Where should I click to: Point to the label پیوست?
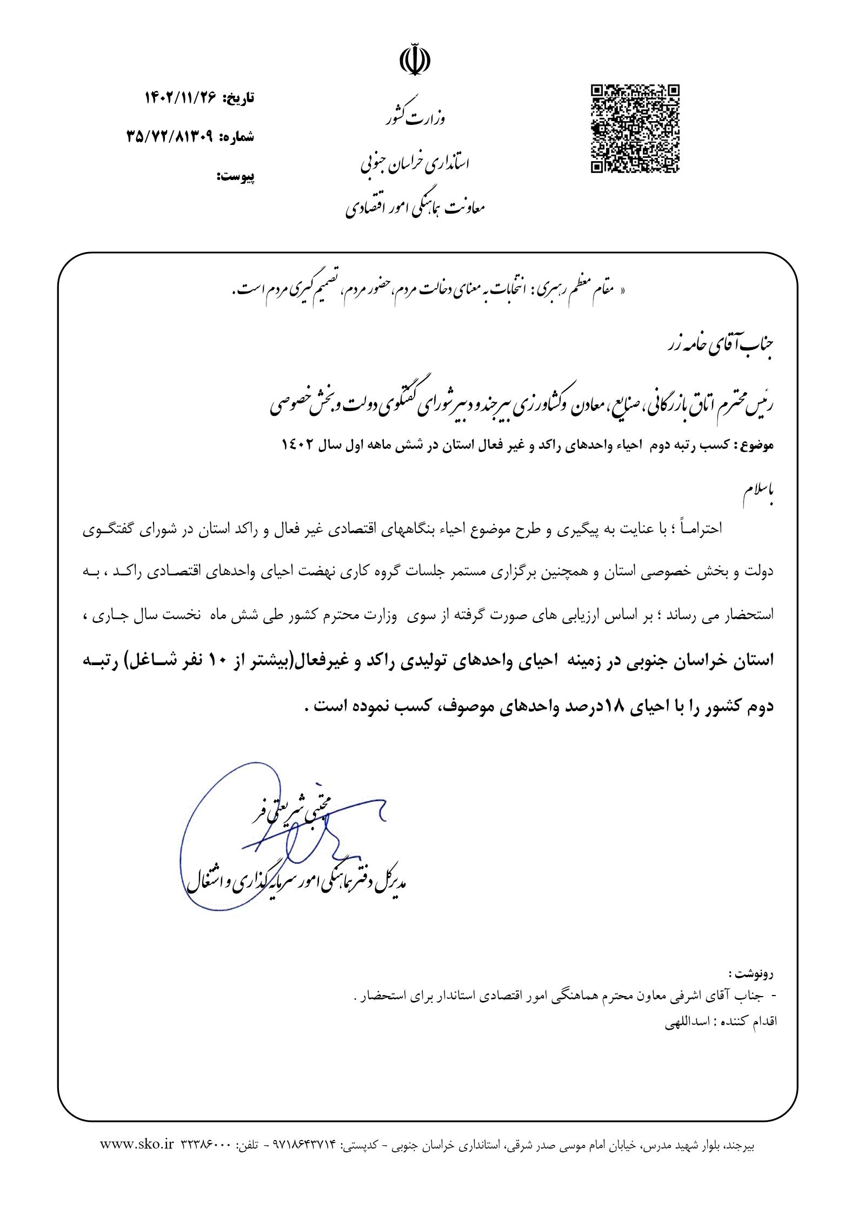pyautogui.click(x=235, y=176)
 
